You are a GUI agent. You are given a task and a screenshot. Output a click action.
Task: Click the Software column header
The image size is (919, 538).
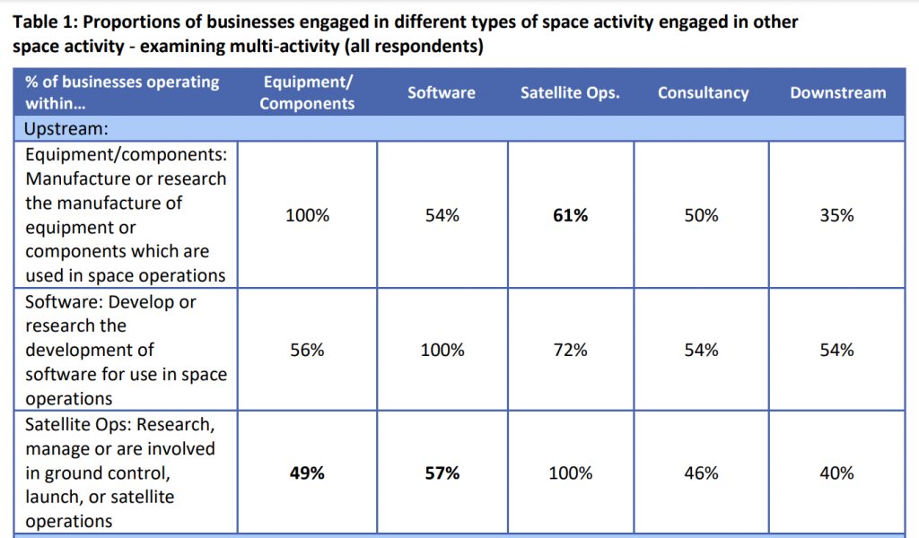[x=442, y=92]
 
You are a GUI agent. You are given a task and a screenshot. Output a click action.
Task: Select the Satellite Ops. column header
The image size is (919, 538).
[x=570, y=92]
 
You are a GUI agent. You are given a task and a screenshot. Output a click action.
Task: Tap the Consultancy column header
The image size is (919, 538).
[x=703, y=92]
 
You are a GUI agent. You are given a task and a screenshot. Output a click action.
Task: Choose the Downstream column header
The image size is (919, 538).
[x=837, y=92]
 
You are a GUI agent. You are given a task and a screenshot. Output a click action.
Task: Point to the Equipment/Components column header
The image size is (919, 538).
[x=307, y=92]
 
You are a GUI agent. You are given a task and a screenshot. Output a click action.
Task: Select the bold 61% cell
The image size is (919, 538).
[x=570, y=215]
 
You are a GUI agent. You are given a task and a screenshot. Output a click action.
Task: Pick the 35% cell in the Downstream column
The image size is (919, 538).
[x=836, y=215]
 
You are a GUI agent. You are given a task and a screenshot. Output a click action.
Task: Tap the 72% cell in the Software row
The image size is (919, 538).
[x=570, y=350]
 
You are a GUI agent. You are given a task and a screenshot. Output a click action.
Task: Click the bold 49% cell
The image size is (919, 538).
[x=307, y=473]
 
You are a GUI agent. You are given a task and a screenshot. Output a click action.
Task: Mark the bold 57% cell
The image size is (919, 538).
[x=442, y=473]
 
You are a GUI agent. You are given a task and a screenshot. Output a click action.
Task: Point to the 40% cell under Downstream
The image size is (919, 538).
[x=836, y=473]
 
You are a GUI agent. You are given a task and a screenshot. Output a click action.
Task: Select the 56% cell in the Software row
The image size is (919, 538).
[x=307, y=350]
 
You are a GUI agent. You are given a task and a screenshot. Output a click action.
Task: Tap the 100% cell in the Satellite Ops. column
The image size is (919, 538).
[x=570, y=473]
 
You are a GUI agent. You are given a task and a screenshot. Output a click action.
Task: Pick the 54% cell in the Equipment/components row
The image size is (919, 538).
[x=442, y=215]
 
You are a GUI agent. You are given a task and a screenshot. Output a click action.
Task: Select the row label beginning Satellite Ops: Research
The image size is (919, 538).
[x=120, y=472]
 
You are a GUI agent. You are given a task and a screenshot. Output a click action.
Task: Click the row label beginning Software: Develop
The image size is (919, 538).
[x=120, y=350]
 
